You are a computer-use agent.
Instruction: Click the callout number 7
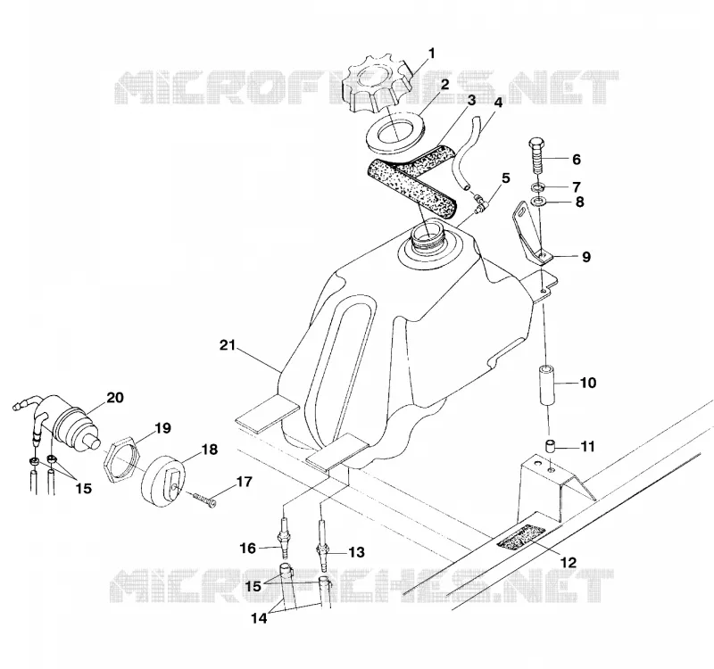pos(577,187)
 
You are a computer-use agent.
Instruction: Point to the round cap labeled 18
pos(163,483)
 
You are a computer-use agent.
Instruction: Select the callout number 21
pos(228,345)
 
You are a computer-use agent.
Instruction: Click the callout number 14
pos(259,618)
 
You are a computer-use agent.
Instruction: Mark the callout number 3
pos(471,100)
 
